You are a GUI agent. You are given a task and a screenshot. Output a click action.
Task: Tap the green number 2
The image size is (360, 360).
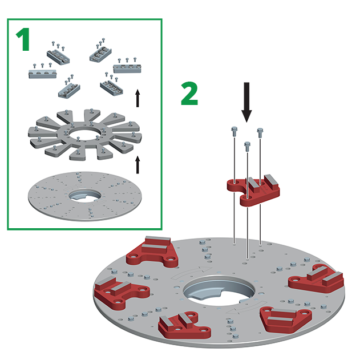coord(189,94)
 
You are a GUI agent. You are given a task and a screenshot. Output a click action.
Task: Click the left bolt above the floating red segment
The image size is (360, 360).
coord(234,131)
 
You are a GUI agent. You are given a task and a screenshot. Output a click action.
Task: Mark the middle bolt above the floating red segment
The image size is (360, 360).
coord(247,146)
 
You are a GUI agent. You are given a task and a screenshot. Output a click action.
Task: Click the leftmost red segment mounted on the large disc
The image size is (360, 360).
coord(124,290)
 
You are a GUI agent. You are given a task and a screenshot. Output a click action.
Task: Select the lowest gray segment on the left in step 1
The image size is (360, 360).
coord(69,89)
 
